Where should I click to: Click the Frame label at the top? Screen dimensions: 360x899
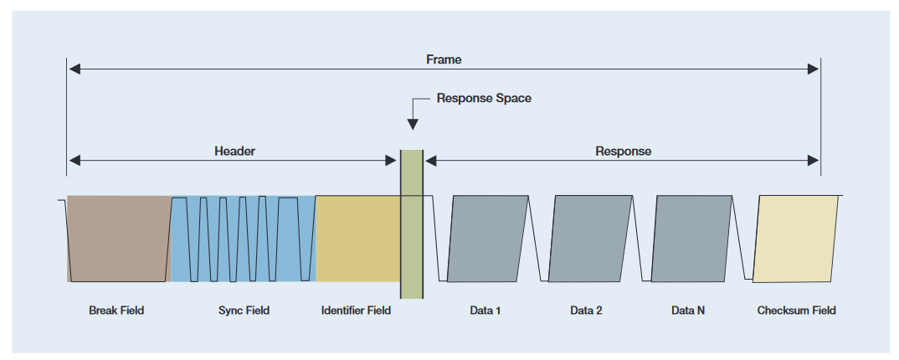[444, 60]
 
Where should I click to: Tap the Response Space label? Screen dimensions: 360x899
[484, 98]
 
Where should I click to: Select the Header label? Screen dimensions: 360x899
[234, 152]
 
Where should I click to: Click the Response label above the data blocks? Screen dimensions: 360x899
[623, 152]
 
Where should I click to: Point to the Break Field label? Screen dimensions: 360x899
[116, 311]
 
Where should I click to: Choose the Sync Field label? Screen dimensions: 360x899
[244, 311]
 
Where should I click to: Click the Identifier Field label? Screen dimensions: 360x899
[356, 311]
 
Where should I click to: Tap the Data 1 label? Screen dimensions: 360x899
[485, 311]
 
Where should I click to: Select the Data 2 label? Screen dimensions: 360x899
[587, 311]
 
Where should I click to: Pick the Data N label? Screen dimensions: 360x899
[688, 311]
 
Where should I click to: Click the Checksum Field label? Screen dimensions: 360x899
[796, 311]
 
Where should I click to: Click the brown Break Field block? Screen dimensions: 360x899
[118, 239]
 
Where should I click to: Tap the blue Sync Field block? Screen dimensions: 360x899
[243, 239]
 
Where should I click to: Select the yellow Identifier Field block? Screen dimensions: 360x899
[357, 239]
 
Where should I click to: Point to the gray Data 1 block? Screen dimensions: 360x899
[489, 239]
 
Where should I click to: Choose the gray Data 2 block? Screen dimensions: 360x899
[590, 239]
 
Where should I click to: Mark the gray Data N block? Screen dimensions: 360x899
[691, 239]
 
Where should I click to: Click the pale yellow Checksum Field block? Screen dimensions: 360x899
[796, 239]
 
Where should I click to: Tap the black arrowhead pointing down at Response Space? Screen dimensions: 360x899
[412, 123]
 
